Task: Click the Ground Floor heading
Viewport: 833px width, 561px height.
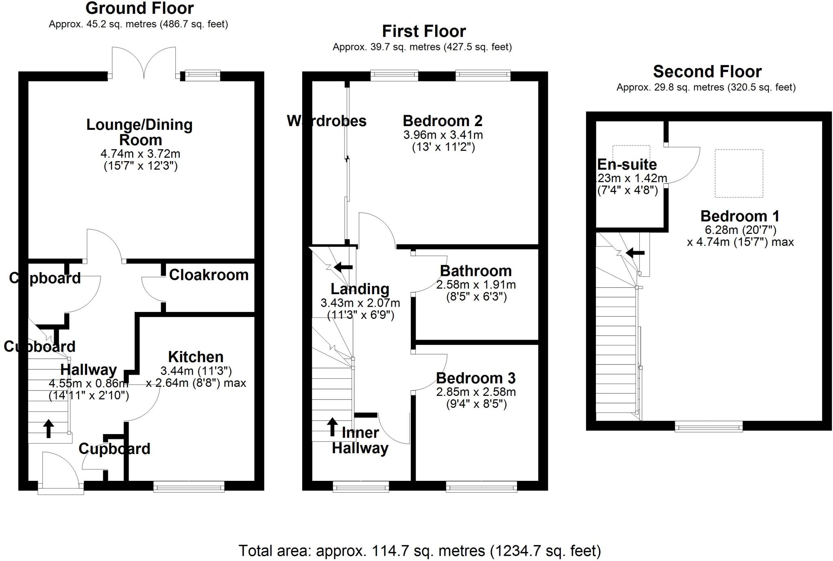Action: [140, 8]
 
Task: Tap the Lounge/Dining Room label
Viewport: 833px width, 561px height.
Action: [140, 132]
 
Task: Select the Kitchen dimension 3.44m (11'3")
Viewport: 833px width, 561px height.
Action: [196, 371]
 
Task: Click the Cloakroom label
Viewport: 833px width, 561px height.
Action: [209, 275]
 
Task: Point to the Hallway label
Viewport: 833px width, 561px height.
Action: [89, 370]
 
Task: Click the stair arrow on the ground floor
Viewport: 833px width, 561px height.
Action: [48, 428]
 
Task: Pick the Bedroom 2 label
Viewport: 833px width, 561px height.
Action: [443, 121]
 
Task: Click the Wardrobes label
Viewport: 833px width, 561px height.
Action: [327, 121]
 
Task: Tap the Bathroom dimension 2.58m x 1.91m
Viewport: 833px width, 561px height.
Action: [476, 285]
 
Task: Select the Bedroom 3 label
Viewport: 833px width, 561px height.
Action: [475, 378]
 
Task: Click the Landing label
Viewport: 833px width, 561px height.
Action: [360, 289]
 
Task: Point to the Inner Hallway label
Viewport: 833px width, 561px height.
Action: [360, 441]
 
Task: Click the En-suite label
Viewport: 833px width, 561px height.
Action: [627, 164]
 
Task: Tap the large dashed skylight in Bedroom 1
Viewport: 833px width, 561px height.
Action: [739, 174]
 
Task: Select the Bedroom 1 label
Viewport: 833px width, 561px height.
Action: [740, 216]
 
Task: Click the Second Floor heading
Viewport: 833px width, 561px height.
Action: [707, 72]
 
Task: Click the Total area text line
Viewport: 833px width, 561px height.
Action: [419, 551]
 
